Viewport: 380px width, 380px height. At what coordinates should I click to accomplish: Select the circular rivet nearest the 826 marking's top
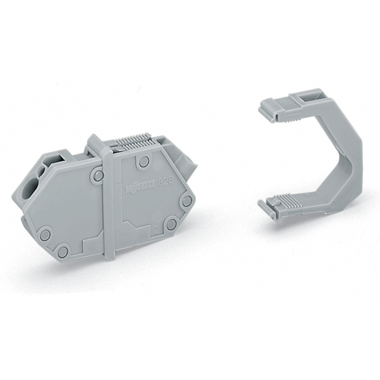(x=144, y=162)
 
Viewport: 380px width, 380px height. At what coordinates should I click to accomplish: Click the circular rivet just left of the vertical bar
(x=98, y=175)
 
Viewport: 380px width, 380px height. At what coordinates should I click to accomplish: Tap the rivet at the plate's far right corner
(x=187, y=201)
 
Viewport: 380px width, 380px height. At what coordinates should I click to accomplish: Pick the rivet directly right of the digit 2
(x=171, y=225)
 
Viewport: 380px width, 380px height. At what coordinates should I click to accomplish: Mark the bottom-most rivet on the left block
(x=63, y=251)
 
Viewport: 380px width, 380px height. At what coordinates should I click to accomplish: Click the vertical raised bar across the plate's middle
(x=108, y=201)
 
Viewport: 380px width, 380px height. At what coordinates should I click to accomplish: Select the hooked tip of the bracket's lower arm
(x=267, y=209)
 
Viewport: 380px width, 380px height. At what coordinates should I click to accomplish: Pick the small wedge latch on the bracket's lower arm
(x=277, y=205)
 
